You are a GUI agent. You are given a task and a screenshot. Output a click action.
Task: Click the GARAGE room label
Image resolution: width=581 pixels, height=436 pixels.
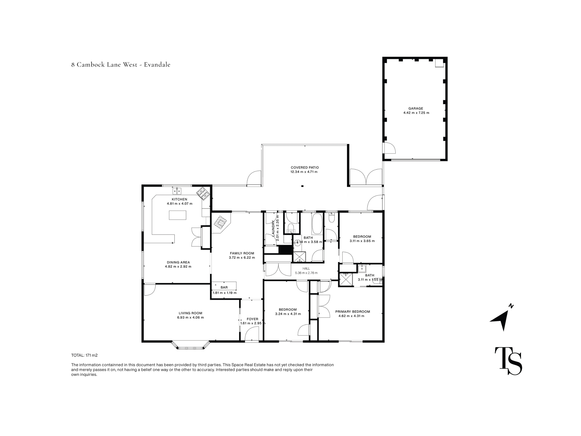point(416,108)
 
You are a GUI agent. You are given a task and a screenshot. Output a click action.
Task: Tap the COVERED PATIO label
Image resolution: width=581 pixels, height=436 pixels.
point(305,167)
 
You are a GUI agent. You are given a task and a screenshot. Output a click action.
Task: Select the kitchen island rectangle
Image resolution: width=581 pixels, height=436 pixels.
point(178,215)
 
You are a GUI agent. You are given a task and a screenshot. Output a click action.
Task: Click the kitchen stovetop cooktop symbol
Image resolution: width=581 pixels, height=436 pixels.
point(203,193)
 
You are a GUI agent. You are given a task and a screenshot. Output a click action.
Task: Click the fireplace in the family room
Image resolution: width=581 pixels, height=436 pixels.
point(221,223)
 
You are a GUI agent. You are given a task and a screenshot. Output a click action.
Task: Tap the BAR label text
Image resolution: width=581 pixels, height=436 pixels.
point(224,287)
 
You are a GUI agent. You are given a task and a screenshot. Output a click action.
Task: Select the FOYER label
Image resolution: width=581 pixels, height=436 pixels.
point(252,319)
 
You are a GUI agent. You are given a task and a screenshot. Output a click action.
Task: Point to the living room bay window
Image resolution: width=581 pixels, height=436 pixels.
point(191,345)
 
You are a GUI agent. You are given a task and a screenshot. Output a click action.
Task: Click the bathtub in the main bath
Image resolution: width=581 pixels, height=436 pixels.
point(317,224)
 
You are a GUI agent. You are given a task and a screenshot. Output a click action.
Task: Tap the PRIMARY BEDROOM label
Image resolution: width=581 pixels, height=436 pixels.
point(353,312)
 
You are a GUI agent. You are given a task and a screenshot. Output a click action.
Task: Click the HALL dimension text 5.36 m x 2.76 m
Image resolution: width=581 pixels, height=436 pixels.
point(306,273)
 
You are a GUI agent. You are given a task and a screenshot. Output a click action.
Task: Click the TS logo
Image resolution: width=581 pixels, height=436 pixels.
point(508,361)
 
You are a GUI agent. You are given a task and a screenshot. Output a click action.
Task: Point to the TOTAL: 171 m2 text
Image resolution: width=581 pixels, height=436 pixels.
point(84,355)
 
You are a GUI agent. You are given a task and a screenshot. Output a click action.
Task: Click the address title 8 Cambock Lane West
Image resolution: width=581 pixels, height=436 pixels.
point(104,65)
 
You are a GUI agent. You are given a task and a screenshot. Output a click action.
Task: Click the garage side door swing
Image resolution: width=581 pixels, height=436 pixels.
point(390,148)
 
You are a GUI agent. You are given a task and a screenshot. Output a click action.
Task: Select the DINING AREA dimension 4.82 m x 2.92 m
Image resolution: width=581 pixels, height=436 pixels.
point(178,266)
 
